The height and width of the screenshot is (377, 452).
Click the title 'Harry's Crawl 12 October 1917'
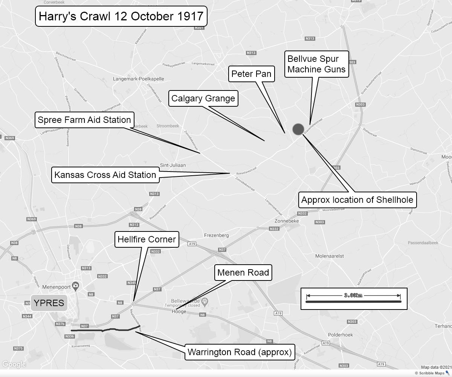(121, 16)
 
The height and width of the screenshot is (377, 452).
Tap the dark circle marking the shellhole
(298, 129)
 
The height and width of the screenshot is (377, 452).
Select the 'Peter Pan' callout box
(251, 74)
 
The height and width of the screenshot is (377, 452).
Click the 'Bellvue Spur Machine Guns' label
(316, 64)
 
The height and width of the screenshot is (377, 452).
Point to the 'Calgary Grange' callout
(203, 98)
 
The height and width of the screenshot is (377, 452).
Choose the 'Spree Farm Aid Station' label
(84, 120)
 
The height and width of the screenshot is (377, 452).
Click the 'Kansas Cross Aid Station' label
(105, 175)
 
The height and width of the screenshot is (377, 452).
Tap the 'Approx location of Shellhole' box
(357, 200)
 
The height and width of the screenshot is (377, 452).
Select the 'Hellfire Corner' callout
(147, 239)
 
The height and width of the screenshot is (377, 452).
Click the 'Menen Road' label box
(243, 273)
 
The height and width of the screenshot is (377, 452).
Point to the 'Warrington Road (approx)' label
(240, 352)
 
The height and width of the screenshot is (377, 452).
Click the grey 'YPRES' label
(49, 303)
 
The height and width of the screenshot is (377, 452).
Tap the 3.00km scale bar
(354, 299)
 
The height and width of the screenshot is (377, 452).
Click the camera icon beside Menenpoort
(76, 286)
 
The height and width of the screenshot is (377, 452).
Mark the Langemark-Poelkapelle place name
(139, 79)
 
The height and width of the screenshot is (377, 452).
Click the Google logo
(14, 364)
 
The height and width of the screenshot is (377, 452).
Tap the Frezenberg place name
(216, 235)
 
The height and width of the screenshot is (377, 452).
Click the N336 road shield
(70, 336)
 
